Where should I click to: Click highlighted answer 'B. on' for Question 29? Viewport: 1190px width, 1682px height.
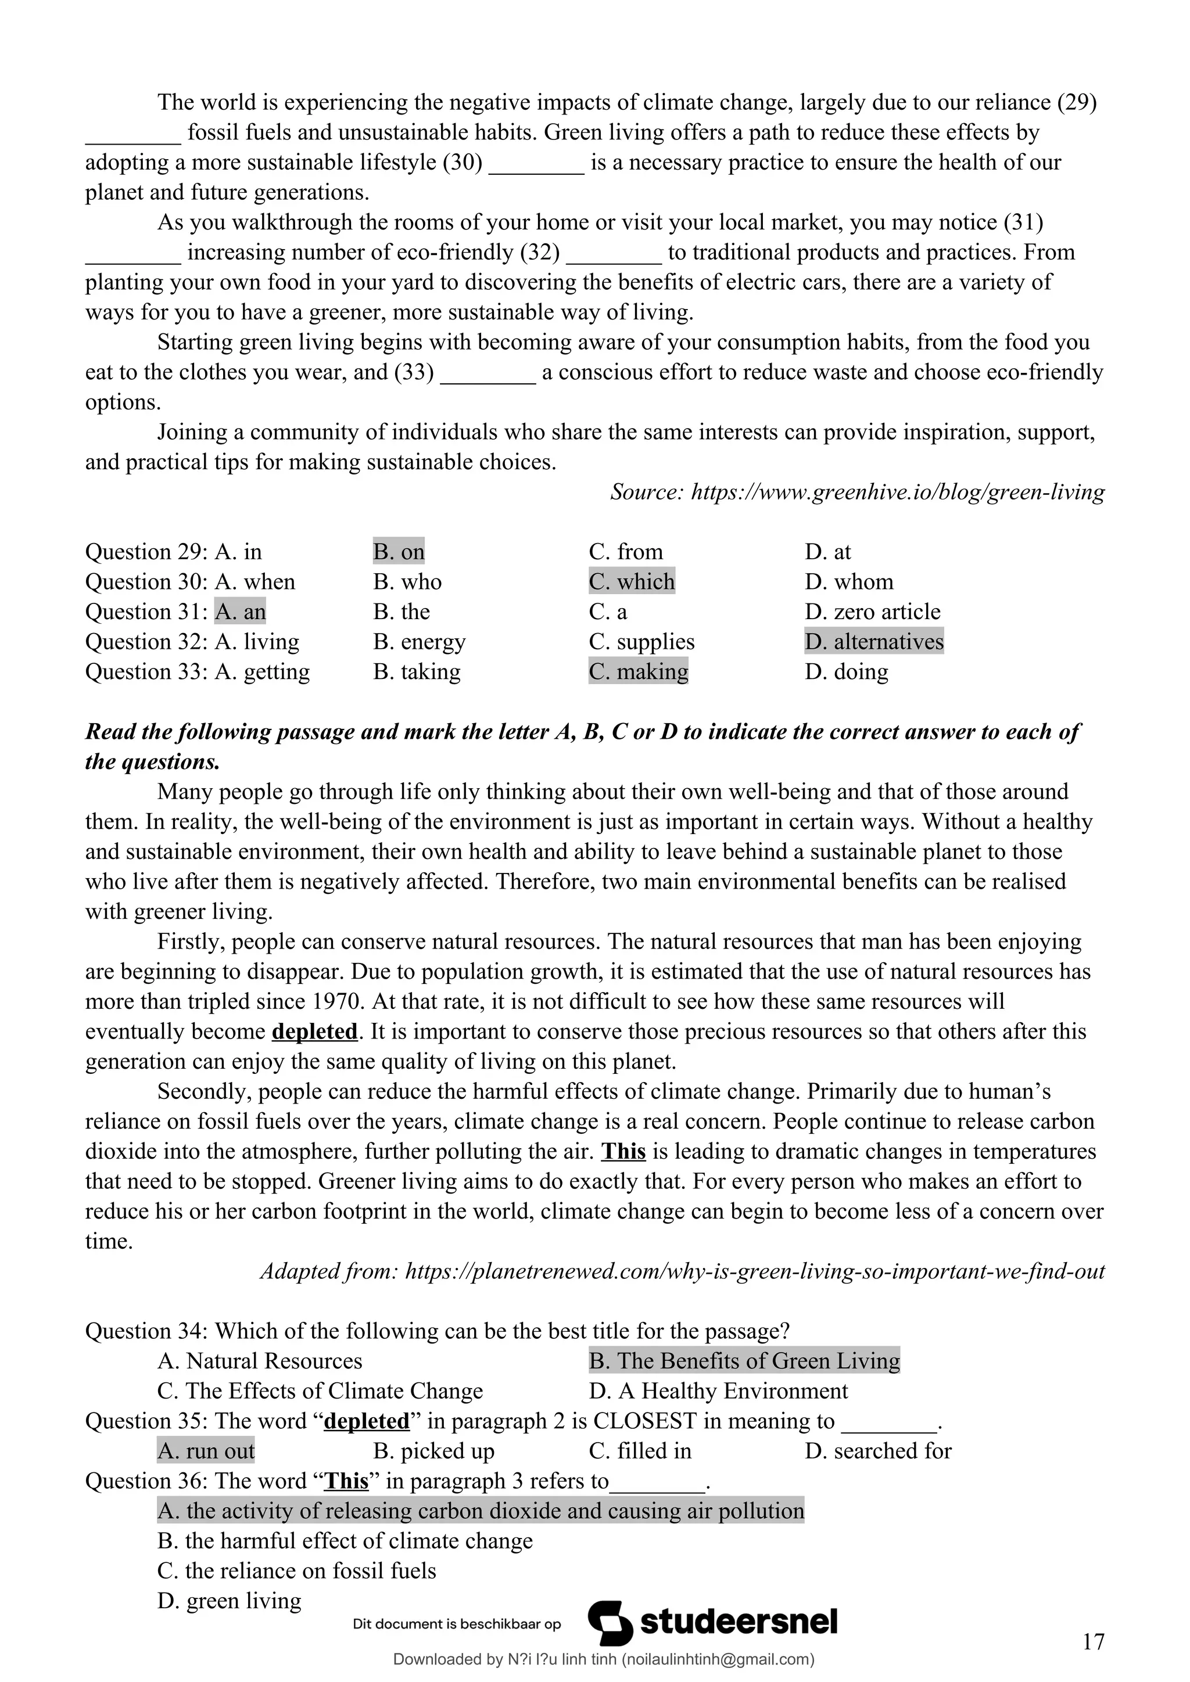coord(398,552)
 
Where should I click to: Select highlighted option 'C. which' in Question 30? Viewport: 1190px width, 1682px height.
coord(631,581)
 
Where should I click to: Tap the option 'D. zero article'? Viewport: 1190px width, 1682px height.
coord(872,612)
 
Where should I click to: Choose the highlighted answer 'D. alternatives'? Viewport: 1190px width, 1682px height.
coord(873,642)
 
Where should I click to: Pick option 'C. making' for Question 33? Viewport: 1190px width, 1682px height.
coord(637,672)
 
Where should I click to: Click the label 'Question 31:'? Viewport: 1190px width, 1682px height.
coord(146,612)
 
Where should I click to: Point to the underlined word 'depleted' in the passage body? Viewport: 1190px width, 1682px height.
coord(314,1032)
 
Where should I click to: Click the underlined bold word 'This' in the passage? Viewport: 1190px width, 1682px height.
coord(623,1152)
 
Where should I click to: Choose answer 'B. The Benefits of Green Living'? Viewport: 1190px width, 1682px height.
coord(744,1361)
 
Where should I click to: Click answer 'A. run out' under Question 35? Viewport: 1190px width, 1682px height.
coord(206,1451)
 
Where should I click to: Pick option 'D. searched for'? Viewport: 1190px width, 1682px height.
coord(877,1451)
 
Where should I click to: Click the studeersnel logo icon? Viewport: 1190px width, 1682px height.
coord(610,1623)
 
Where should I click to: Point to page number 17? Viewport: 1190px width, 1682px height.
coord(1092,1643)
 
